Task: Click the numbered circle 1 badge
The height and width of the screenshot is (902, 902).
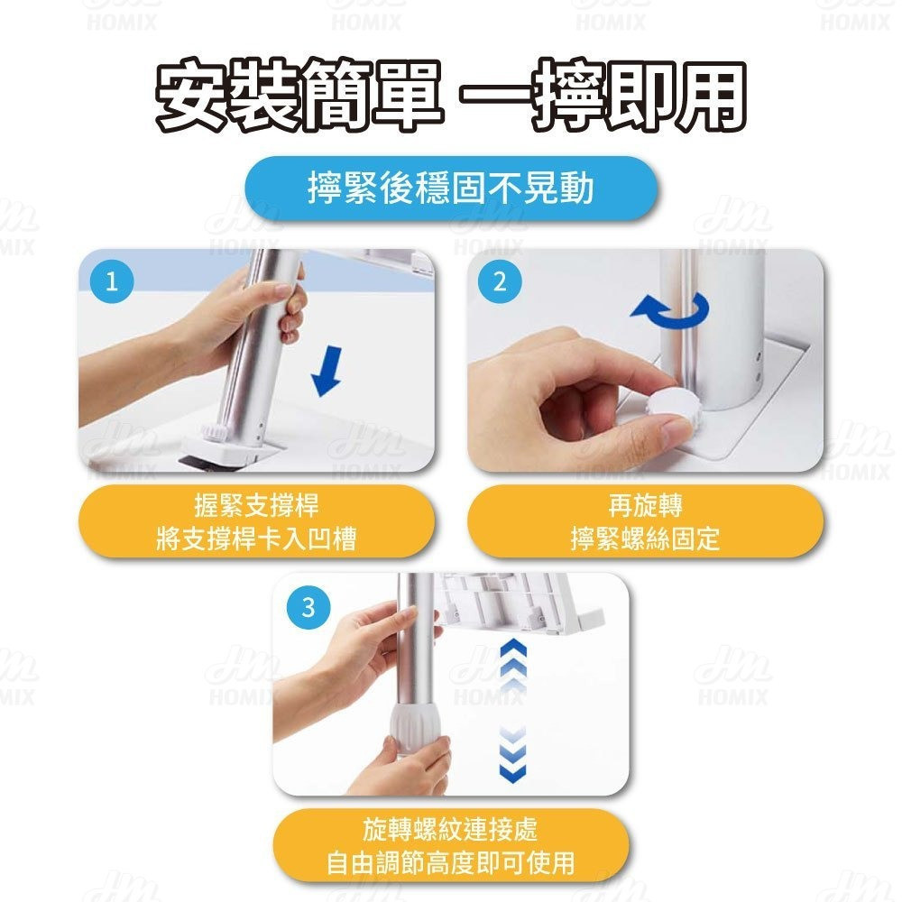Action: (x=112, y=281)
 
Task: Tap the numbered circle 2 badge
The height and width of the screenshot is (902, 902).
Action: (x=500, y=281)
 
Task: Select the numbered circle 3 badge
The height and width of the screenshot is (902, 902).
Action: (x=308, y=607)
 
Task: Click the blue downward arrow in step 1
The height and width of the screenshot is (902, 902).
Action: (x=327, y=371)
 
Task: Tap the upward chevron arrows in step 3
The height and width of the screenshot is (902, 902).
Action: (x=513, y=667)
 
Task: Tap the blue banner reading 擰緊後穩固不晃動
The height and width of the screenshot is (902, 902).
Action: (x=451, y=189)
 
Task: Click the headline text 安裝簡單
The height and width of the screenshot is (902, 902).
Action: (x=299, y=95)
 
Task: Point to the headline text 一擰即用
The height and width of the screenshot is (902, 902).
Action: (x=603, y=95)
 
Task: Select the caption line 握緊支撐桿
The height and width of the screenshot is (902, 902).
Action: (x=256, y=506)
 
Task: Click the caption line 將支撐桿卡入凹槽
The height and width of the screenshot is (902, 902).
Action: (x=256, y=539)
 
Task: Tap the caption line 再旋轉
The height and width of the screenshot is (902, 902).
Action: (x=646, y=506)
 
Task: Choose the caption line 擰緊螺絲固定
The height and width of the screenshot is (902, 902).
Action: (x=646, y=539)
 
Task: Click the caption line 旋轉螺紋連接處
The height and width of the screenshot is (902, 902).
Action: (x=451, y=830)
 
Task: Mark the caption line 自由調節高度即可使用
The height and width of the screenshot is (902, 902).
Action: (x=451, y=863)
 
